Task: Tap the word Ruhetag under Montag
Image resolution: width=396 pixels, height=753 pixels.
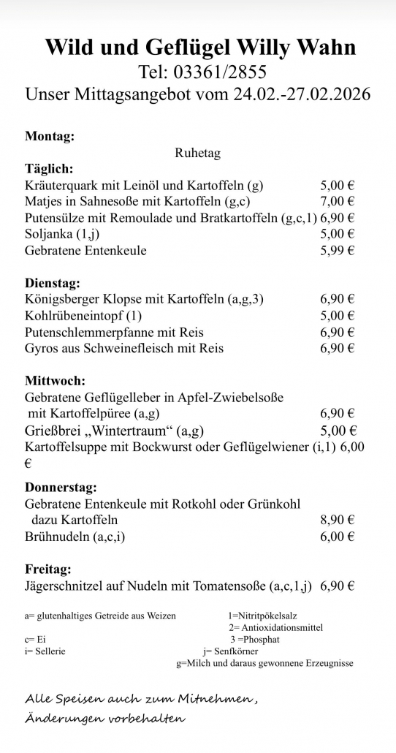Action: click(197, 154)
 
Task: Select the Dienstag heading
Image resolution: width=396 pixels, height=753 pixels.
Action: click(52, 282)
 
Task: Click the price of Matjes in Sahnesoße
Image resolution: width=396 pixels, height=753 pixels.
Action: click(337, 201)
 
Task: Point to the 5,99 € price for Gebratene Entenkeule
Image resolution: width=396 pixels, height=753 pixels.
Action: click(337, 251)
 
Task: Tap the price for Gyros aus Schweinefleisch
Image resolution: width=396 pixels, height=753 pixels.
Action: click(337, 349)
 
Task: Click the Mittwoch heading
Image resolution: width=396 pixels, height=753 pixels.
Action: click(55, 381)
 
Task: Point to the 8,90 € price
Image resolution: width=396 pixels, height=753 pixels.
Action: click(337, 520)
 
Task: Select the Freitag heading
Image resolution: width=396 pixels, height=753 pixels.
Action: click(48, 569)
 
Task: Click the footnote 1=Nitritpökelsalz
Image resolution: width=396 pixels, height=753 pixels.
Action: click(262, 616)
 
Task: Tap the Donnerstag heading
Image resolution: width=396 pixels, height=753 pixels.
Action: click(61, 487)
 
